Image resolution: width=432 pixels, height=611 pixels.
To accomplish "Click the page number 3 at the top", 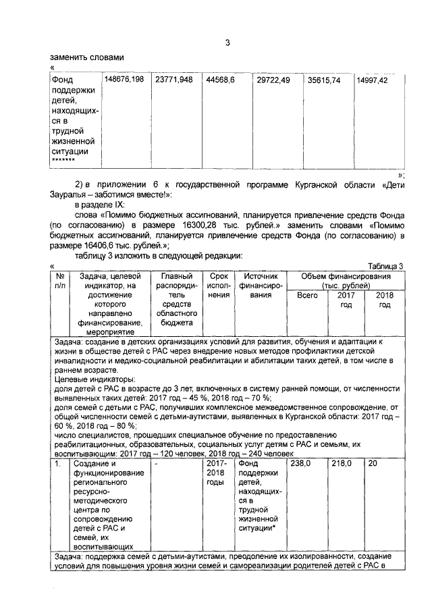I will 228,44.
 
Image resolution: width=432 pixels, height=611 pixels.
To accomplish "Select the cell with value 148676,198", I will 122,80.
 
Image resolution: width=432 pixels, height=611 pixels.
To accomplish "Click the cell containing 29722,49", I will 273,80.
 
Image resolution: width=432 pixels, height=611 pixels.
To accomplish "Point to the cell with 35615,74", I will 325,80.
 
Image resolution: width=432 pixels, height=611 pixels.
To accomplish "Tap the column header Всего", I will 307,296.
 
